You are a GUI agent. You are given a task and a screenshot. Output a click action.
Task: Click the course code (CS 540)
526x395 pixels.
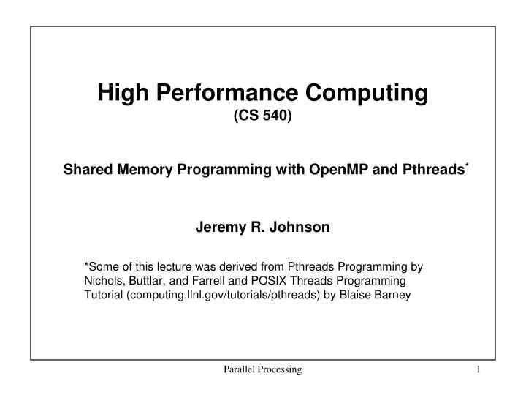pos(263,116)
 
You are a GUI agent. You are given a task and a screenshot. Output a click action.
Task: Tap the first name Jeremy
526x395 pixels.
pos(218,227)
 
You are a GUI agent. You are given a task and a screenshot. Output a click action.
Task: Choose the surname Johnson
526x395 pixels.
pos(302,227)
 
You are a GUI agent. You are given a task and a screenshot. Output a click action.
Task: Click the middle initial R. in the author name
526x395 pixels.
pos(258,227)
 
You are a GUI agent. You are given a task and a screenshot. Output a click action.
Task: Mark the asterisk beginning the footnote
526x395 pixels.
pos(87,267)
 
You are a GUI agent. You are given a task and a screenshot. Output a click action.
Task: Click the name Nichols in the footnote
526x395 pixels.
pos(105,282)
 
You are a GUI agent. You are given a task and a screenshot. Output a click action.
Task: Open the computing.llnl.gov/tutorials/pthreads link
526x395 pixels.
pos(224,296)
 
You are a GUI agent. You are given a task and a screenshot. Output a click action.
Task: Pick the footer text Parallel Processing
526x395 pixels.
pos(262,370)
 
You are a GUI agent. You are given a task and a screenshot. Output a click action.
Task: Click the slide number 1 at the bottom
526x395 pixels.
pos(479,370)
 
